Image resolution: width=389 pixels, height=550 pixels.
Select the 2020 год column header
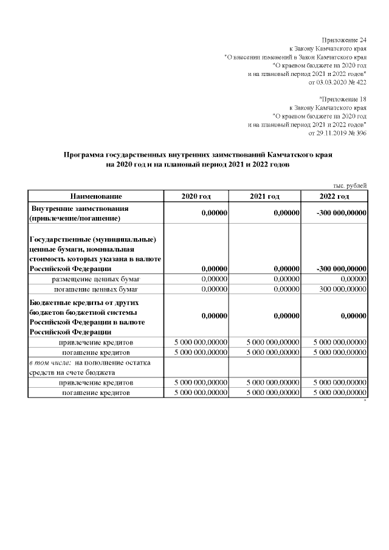point(196,196)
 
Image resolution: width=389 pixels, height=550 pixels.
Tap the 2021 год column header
point(265,196)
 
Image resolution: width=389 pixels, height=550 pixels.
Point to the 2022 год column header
point(334,196)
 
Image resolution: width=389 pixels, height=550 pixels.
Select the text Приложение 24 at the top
point(345,40)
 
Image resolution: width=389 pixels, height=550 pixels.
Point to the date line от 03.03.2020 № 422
point(338,81)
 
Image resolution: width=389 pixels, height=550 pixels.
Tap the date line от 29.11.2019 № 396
point(338,132)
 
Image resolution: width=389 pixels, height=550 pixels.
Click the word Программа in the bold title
point(84,155)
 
